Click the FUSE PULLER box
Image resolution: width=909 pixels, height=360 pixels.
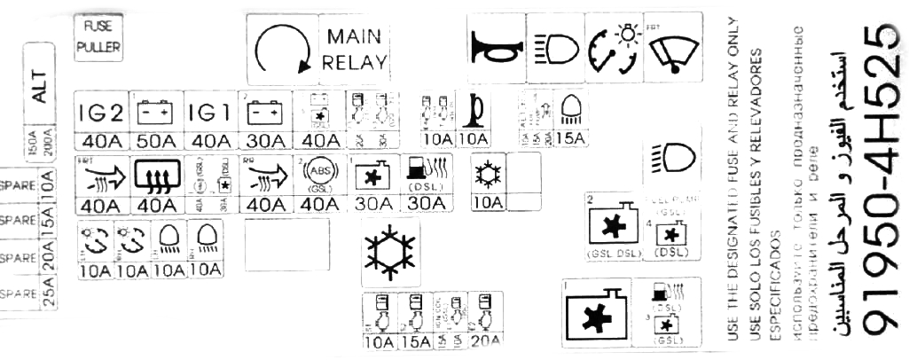(x=98, y=38)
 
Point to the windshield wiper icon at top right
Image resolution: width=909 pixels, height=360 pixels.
(x=672, y=47)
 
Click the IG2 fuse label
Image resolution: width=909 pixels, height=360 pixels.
(x=101, y=112)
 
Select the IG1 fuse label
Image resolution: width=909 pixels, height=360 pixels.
(x=212, y=112)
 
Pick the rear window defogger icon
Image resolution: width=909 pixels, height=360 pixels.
(x=156, y=177)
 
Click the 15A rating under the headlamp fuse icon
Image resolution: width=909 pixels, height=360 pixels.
(x=569, y=139)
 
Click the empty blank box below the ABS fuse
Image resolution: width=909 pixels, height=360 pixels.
(x=286, y=243)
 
